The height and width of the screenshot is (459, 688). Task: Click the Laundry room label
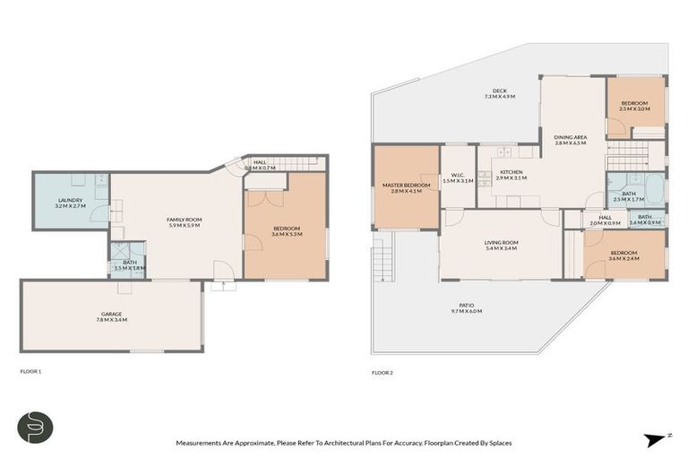tap(70, 203)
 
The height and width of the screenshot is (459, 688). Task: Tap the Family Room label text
tap(183, 221)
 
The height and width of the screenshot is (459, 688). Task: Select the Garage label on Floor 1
tap(111, 316)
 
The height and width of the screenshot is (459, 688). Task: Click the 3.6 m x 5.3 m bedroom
tap(287, 230)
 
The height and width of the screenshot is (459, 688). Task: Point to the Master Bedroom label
tap(406, 187)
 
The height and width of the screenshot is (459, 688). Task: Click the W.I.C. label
tap(457, 178)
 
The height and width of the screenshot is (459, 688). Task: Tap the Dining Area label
tap(570, 139)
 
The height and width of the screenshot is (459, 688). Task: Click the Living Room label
tap(502, 245)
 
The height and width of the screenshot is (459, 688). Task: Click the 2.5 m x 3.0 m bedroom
tap(635, 106)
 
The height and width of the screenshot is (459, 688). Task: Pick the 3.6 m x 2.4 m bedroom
tap(623, 255)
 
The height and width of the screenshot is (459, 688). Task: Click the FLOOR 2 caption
tap(383, 372)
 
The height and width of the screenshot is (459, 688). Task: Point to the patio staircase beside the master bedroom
tap(383, 257)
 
